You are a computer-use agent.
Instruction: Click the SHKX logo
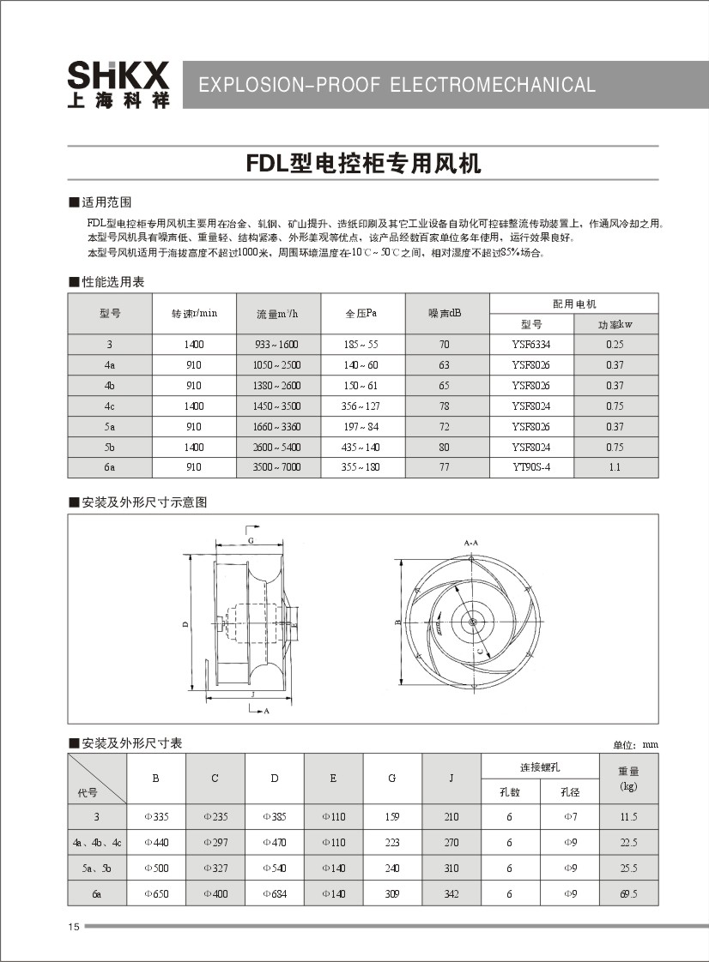click(118, 84)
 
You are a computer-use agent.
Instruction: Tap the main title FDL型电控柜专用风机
click(363, 163)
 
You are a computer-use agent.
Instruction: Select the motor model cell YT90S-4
click(531, 467)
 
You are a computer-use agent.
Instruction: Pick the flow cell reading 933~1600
click(277, 345)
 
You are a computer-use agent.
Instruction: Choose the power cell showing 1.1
click(615, 467)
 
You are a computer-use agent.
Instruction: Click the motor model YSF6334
click(531, 345)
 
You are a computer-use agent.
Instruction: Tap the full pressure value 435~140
click(361, 448)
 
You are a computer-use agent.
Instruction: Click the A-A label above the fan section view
click(470, 544)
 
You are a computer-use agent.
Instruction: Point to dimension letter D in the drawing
click(185, 624)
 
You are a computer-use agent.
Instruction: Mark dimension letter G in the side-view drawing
click(251, 542)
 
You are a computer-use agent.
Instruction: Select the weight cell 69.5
click(628, 894)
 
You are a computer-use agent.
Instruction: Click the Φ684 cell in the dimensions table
click(274, 894)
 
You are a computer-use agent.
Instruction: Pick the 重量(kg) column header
click(628, 778)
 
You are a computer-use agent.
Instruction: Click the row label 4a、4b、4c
click(97, 843)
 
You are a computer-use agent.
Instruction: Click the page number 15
click(73, 927)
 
